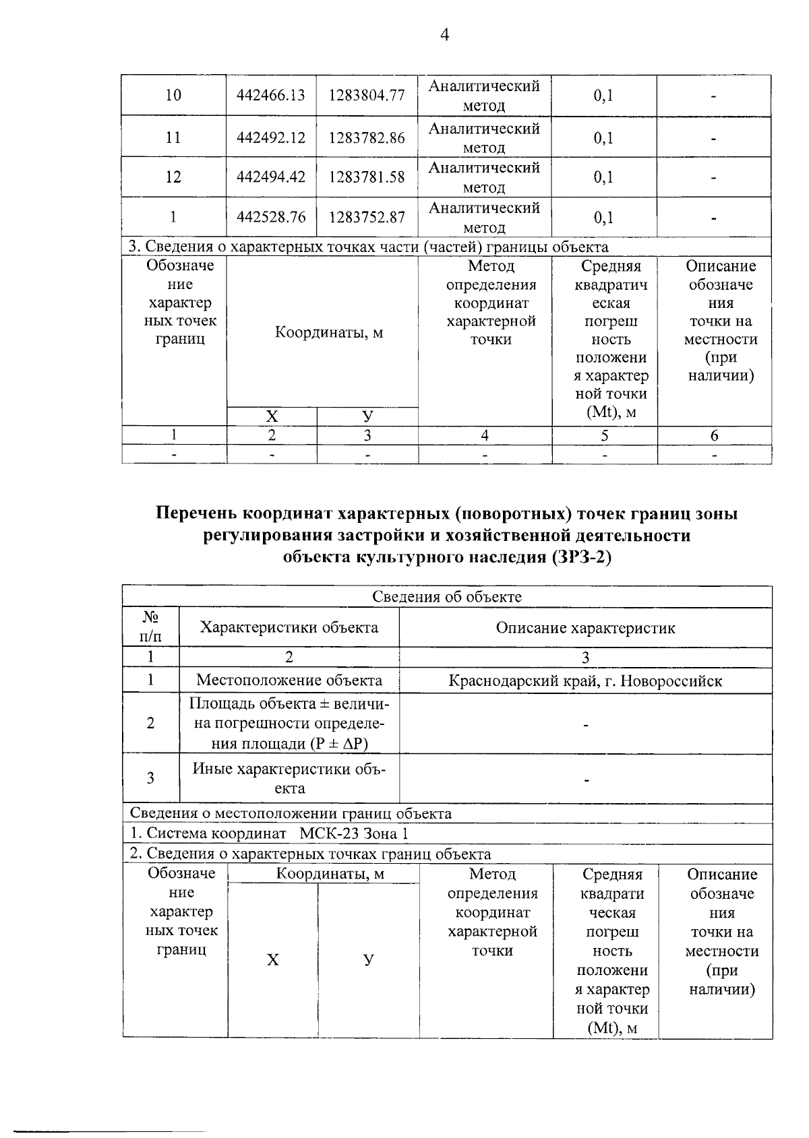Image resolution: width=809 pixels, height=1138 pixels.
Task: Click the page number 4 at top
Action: click(444, 35)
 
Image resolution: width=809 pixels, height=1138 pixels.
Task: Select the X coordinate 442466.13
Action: click(271, 95)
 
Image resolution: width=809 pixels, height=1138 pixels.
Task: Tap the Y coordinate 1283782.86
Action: click(367, 137)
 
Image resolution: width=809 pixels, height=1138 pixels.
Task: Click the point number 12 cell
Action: click(173, 177)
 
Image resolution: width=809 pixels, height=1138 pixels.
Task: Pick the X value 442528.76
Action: click(271, 218)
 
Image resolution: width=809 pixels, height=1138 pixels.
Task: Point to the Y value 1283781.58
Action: click(367, 177)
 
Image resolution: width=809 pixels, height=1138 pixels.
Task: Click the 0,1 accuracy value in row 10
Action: click(603, 95)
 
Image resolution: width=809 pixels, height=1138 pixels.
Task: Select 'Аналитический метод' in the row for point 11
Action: click(484, 137)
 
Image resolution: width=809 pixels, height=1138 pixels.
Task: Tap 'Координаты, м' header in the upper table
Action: click(329, 333)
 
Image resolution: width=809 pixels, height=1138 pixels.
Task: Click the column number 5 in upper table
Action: click(605, 436)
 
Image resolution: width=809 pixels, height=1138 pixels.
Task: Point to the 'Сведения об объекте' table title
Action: click(447, 597)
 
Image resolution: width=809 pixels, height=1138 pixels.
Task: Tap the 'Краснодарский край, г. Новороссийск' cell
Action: click(585, 681)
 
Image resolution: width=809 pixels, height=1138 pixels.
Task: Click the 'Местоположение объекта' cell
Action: click(289, 681)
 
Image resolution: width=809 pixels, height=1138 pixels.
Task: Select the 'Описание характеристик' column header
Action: click(585, 628)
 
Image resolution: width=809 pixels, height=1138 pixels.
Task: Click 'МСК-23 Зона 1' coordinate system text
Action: click(353, 834)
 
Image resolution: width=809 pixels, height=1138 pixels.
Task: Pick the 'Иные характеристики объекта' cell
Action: click(289, 778)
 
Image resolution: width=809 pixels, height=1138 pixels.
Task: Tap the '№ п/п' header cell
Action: click(150, 627)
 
